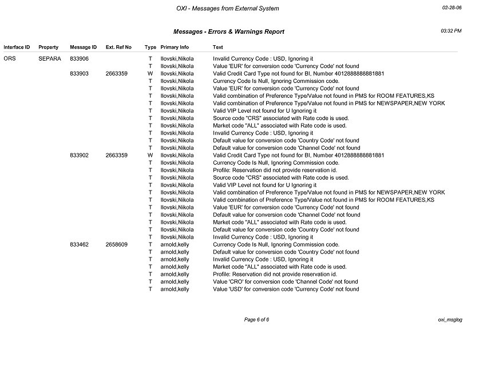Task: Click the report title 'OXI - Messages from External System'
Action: [x=228, y=9]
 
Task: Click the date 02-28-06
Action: [x=452, y=9]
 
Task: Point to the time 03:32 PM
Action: [x=452, y=30]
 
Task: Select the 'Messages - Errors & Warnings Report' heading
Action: [x=228, y=31]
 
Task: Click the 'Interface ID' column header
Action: [x=17, y=47]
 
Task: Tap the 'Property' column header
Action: [x=49, y=47]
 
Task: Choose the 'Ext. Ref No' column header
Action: [x=118, y=47]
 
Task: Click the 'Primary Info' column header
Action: [x=175, y=47]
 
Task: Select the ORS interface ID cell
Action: [x=10, y=58]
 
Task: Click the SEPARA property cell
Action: [x=50, y=58]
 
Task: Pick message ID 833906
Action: [x=79, y=58]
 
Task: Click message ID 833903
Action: [x=79, y=73]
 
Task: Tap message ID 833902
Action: [x=79, y=155]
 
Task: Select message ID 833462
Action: [x=79, y=244]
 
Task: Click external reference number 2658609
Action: [x=117, y=244]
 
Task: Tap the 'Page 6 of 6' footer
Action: [x=256, y=319]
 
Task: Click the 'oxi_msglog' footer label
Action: [x=449, y=319]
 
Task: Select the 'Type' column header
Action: [x=151, y=47]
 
